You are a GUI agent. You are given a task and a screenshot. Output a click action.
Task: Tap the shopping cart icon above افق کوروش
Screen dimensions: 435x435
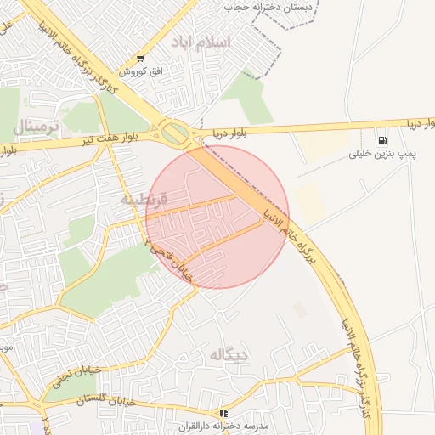click(139, 59)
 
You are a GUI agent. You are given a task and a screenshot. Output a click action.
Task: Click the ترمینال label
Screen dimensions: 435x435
click(36, 127)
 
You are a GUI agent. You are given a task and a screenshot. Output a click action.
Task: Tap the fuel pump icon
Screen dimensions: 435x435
click(383, 140)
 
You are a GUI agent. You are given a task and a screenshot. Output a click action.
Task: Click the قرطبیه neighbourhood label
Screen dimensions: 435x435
click(144, 200)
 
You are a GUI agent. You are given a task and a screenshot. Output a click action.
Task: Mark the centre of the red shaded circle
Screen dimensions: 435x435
click(217, 217)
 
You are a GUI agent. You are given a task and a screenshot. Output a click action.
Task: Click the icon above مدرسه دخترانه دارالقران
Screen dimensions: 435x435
click(223, 412)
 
